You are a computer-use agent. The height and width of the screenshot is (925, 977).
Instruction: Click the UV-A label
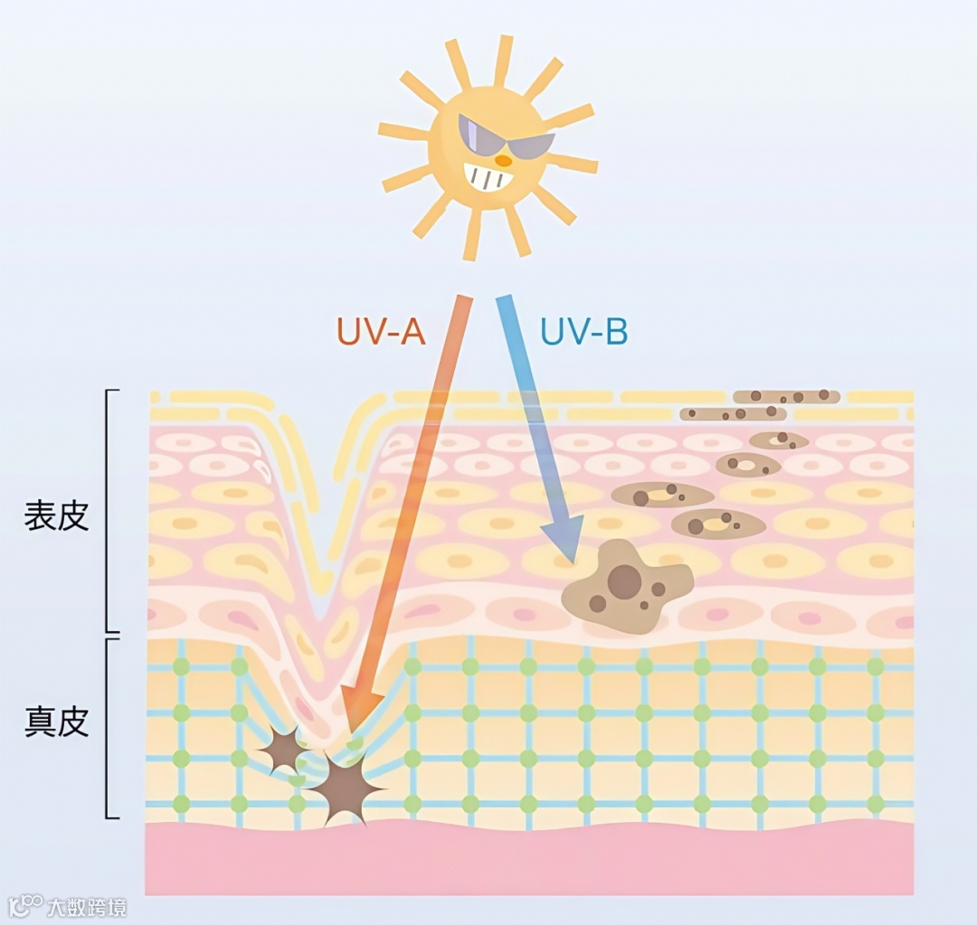tap(381, 332)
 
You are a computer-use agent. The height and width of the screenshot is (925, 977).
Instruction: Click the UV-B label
tap(583, 332)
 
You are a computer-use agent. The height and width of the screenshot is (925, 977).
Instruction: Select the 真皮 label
tap(56, 722)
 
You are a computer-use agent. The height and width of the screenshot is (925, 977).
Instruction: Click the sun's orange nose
tap(504, 160)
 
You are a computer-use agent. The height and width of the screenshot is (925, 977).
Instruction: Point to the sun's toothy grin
tap(488, 175)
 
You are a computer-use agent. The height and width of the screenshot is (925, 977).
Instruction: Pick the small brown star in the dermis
tap(283, 749)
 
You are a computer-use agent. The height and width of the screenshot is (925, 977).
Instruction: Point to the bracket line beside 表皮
tap(109, 511)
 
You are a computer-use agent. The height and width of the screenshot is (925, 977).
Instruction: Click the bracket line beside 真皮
tap(109, 728)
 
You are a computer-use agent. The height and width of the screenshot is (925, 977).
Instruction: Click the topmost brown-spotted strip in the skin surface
tap(786, 396)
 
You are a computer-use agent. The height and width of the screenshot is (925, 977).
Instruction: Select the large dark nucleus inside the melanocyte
tap(623, 581)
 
